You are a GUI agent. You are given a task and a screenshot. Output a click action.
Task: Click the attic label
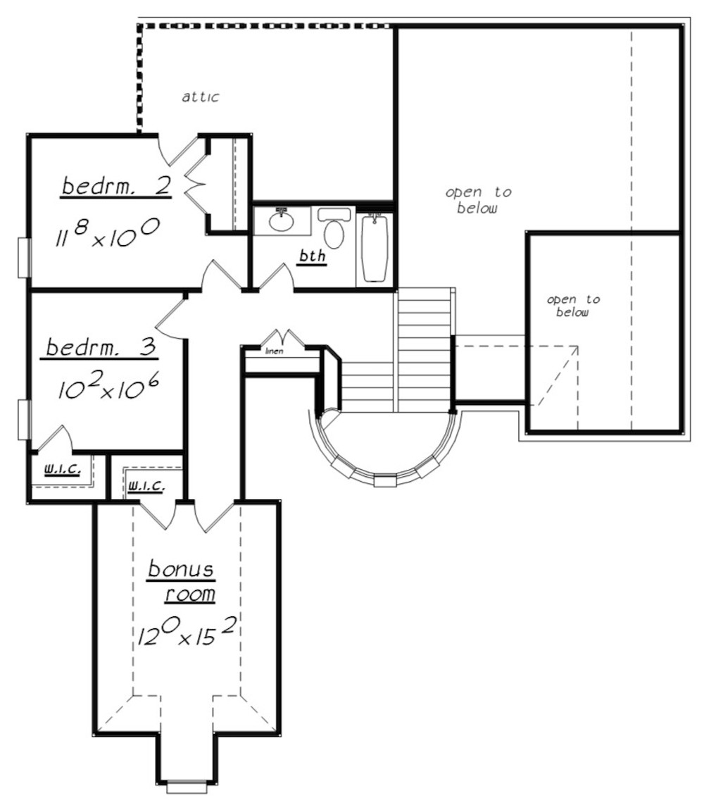click(201, 96)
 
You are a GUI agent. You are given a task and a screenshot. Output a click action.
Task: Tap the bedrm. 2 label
click(116, 186)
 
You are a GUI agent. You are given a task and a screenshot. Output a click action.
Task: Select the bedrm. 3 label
click(102, 347)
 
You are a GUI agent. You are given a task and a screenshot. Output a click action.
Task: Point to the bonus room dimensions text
click(187, 632)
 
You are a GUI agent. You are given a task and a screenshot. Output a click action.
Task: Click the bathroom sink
click(282, 221)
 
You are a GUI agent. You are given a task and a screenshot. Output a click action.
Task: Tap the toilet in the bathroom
click(334, 228)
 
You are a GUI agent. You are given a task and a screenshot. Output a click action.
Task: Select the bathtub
click(375, 248)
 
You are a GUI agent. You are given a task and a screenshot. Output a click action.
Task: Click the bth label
click(313, 256)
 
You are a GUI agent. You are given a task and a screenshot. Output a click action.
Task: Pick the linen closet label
click(275, 351)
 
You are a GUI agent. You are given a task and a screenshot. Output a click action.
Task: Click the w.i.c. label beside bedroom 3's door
click(62, 469)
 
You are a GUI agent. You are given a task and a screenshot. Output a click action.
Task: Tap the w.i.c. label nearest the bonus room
click(146, 485)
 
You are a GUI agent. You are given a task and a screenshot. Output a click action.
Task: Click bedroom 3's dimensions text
click(108, 387)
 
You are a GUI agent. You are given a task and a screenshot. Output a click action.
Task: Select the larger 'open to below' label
click(478, 200)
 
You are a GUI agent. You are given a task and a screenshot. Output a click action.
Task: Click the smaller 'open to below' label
click(573, 306)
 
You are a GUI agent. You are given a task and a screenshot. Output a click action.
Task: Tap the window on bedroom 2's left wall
click(24, 257)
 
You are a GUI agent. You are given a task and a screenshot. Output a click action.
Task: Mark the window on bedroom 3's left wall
click(24, 420)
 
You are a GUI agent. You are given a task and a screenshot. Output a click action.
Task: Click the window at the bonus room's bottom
click(187, 787)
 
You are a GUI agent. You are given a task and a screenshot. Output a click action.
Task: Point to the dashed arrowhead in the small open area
click(574, 351)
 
